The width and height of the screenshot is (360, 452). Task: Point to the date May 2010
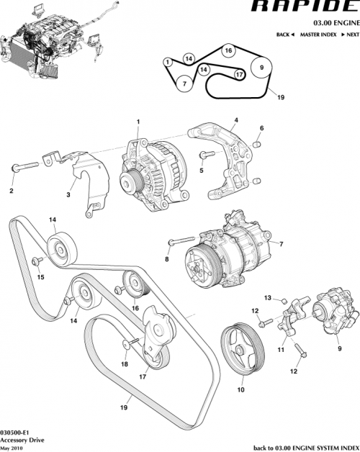click(12, 447)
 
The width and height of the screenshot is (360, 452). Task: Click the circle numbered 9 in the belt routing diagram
click(261, 69)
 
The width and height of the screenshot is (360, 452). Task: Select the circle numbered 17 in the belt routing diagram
click(239, 75)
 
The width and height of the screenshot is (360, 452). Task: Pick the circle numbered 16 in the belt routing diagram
click(228, 51)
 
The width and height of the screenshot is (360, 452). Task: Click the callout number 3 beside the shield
click(68, 194)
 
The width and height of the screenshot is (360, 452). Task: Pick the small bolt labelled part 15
click(35, 260)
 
